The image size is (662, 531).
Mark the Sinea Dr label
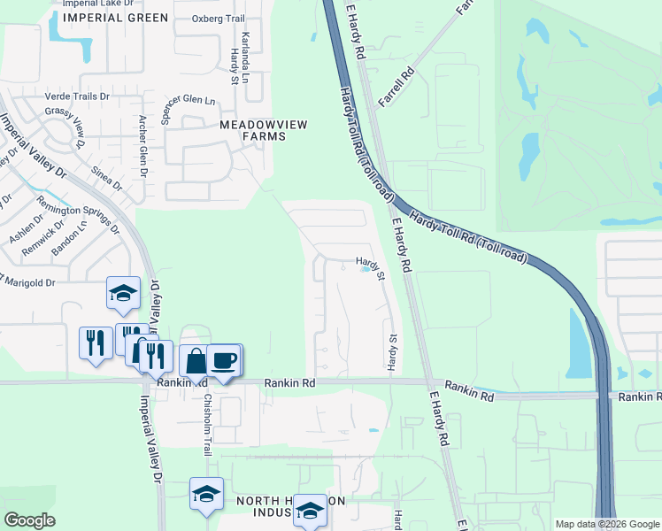105,177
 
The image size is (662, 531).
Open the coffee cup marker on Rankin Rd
225,359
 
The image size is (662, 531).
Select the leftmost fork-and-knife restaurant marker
95,341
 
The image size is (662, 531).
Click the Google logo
29,519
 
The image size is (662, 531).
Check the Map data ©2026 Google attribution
606,524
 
